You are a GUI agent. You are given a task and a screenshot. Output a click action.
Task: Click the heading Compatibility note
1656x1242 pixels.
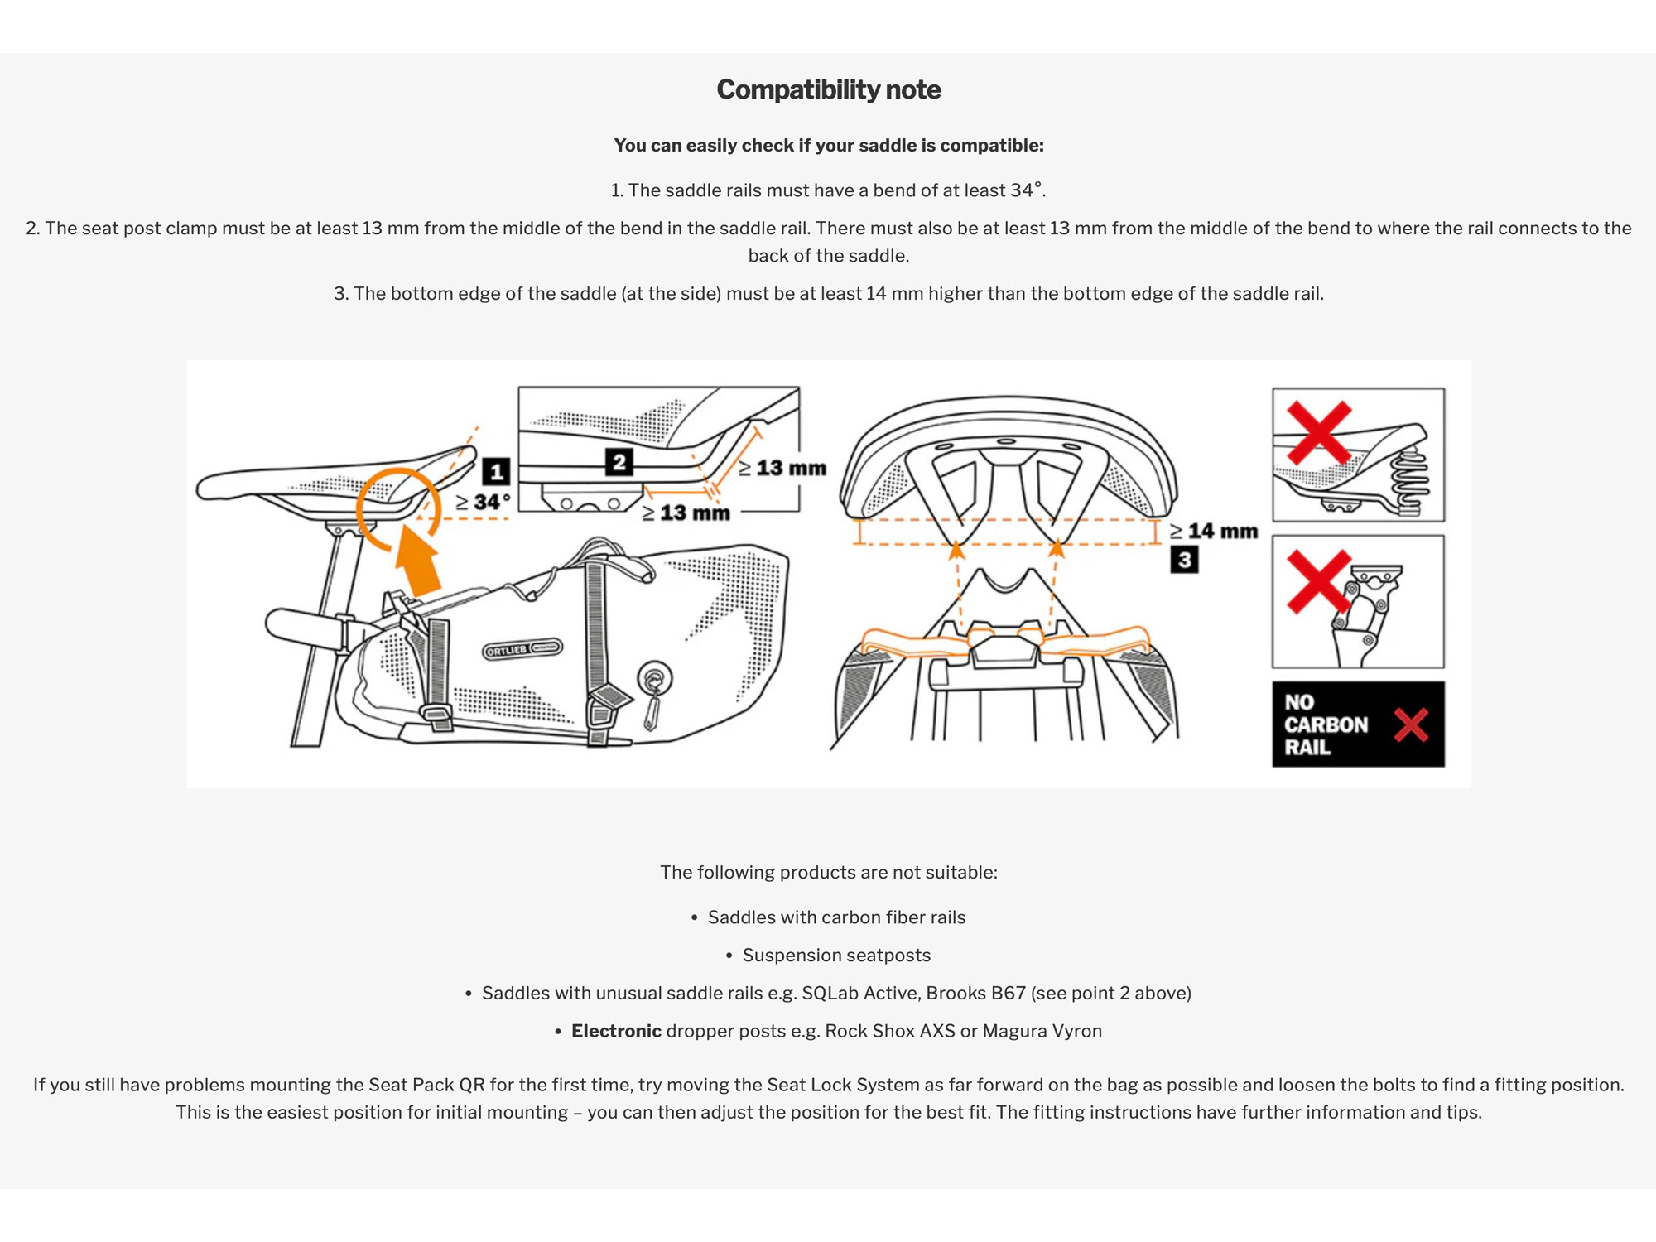(828, 89)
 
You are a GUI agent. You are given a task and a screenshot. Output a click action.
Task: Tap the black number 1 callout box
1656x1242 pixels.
(496, 471)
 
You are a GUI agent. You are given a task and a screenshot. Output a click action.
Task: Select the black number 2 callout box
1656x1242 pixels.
(619, 462)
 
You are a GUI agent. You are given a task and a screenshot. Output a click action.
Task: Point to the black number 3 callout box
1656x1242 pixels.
(1184, 560)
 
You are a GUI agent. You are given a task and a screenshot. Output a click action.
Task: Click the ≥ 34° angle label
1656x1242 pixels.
(484, 502)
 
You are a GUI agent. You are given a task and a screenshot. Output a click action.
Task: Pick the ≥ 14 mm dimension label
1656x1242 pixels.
(1214, 531)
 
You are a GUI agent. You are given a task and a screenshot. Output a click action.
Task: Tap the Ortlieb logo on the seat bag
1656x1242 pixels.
(522, 648)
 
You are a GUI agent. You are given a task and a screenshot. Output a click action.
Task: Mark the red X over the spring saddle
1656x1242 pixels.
(1319, 432)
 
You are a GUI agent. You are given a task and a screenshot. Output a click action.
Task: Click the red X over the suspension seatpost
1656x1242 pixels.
(1318, 582)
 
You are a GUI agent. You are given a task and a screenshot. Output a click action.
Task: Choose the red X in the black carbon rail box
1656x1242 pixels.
(1410, 724)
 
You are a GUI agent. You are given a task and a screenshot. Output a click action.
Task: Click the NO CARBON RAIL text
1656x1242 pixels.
(1325, 724)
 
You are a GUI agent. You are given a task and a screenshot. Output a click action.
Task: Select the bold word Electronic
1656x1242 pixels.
(616, 1031)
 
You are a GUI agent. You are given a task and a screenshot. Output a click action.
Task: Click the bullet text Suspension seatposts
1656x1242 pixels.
(836, 955)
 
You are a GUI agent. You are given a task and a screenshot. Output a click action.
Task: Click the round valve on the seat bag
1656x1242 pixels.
(654, 679)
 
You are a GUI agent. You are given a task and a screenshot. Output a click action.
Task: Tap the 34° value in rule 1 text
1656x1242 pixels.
(1026, 190)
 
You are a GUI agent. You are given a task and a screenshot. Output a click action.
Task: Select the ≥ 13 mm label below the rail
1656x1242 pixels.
(686, 513)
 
